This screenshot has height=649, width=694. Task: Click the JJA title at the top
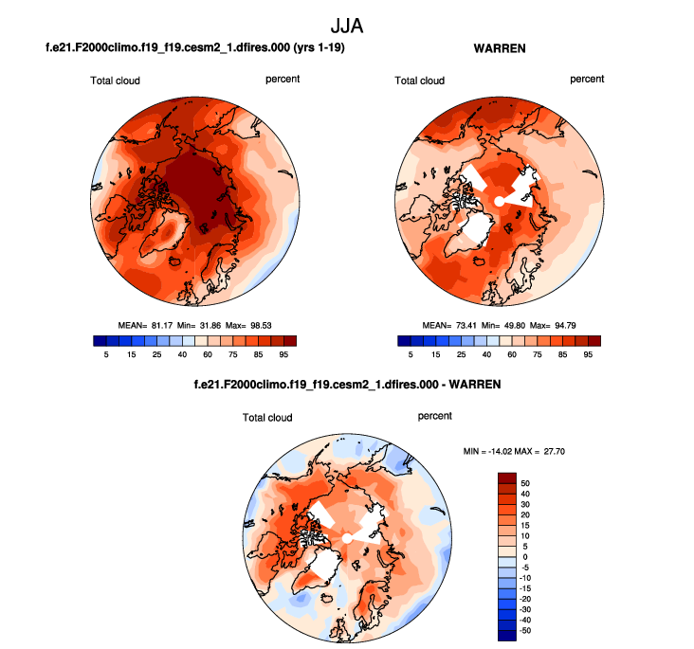click(x=346, y=22)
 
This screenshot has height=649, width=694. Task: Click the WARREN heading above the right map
click(x=499, y=46)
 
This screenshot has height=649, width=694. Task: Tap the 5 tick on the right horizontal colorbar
click(x=411, y=353)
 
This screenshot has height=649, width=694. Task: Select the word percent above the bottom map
click(x=435, y=416)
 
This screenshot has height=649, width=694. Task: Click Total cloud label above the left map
click(x=115, y=81)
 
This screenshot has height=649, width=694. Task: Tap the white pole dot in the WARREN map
click(x=499, y=200)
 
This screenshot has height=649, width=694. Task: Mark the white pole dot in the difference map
click(x=347, y=537)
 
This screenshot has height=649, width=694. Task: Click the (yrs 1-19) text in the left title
click(x=316, y=46)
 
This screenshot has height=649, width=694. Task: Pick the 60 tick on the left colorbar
click(x=206, y=353)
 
